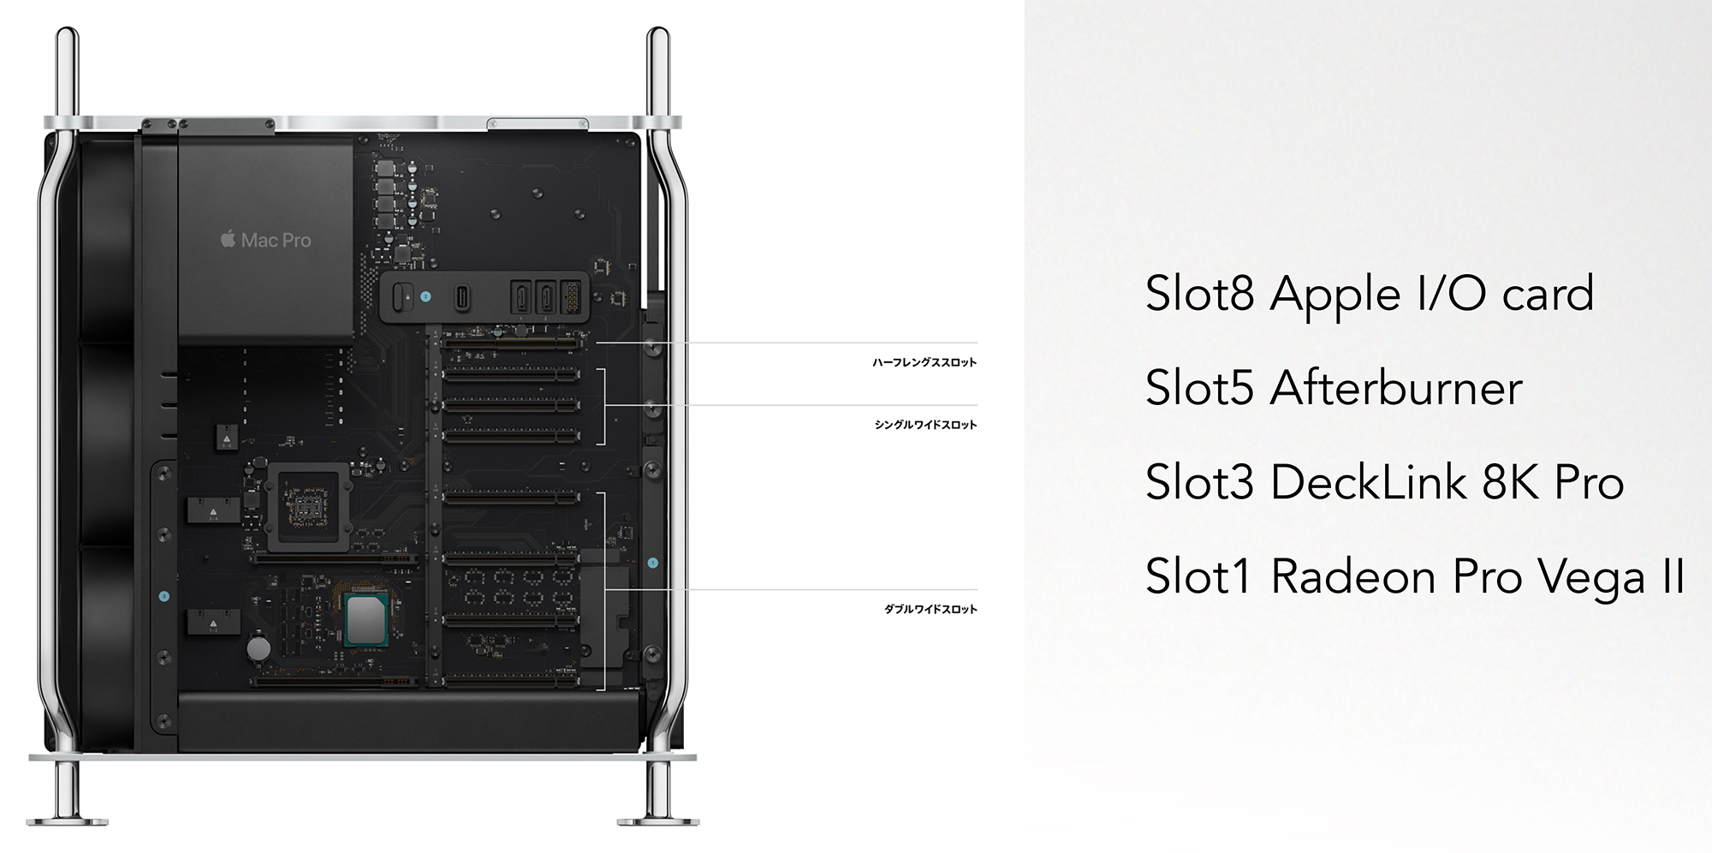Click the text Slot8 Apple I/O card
[1369, 295]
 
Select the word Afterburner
[1396, 388]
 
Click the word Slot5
[1201, 388]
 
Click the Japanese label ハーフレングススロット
[924, 362]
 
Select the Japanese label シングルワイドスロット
[925, 425]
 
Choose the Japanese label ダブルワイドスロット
[930, 609]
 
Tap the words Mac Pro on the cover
[276, 241]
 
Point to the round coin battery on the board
[259, 647]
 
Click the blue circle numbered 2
[425, 297]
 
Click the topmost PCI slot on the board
[511, 343]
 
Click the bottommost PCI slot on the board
[511, 682]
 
